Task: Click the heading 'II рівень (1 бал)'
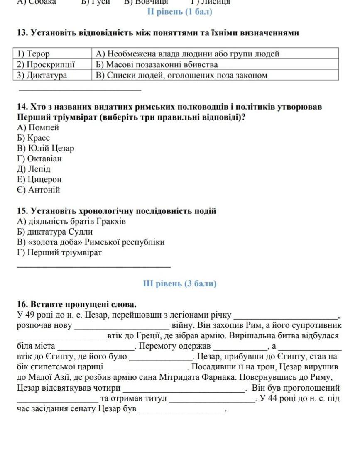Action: [x=180, y=12]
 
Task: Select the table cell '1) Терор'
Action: [x=33, y=54]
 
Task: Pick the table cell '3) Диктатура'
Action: [x=42, y=76]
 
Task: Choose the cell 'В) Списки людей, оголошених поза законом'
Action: [x=181, y=76]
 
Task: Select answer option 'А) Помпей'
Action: [x=38, y=127]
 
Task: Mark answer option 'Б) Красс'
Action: [x=33, y=138]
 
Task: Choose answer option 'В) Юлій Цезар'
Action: [x=46, y=148]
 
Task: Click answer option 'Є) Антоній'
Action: [x=39, y=190]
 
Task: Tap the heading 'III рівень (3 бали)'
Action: [x=180, y=284]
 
